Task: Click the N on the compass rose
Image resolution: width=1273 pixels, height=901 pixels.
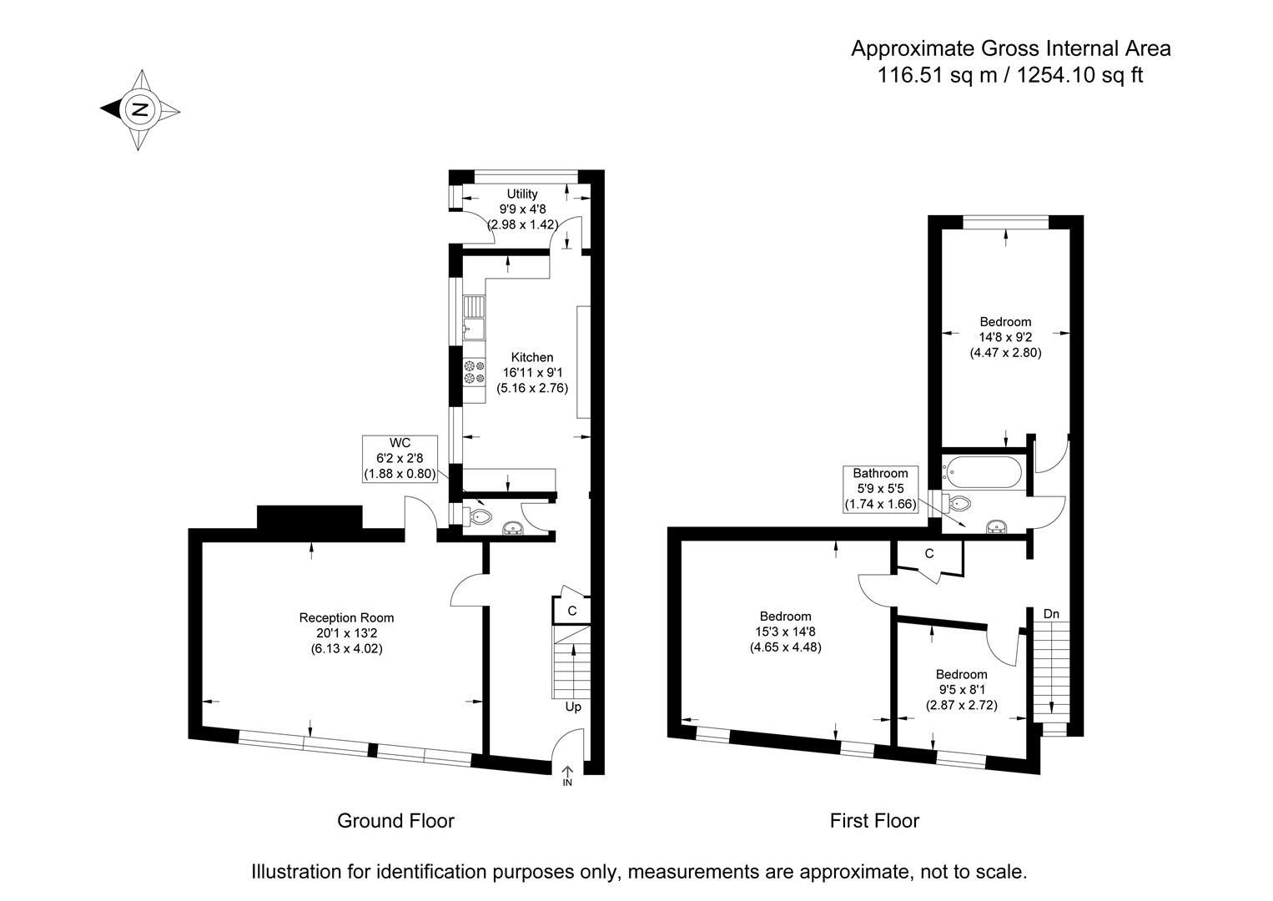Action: (139, 109)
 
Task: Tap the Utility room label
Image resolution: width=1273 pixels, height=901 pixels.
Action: (521, 194)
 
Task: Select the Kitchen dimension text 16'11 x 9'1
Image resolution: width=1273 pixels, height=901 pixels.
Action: (532, 373)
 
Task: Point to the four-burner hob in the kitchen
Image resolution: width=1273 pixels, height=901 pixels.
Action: (474, 371)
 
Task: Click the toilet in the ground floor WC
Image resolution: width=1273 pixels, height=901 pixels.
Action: (478, 516)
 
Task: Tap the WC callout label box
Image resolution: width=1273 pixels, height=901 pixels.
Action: (400, 459)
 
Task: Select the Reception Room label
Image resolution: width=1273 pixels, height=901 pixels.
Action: (347, 618)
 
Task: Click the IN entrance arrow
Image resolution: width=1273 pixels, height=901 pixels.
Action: (567, 776)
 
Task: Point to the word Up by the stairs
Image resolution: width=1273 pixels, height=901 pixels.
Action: (573, 707)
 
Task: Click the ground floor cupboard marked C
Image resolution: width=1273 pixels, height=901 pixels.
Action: (571, 611)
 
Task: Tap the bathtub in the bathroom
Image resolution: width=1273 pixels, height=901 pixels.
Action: (983, 472)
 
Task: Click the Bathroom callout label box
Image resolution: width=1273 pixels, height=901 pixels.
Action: (880, 489)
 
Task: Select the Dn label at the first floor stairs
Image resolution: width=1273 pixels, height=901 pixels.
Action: (1051, 614)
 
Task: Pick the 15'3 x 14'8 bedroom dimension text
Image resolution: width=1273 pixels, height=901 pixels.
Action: (785, 632)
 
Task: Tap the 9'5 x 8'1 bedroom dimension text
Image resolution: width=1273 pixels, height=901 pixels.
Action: (962, 690)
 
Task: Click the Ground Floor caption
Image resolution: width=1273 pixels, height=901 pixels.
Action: (395, 821)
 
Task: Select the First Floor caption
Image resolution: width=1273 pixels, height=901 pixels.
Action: (874, 821)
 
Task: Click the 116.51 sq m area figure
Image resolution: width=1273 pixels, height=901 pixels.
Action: (937, 75)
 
